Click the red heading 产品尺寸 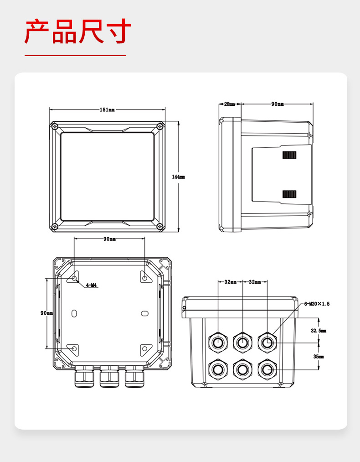(x=78, y=32)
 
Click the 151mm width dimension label (x=107, y=110)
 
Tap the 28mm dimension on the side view (x=229, y=104)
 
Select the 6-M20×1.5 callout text (x=317, y=304)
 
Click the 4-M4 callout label (x=92, y=286)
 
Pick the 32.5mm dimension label (x=318, y=331)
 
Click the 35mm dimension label (x=318, y=357)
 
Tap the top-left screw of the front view (x=55, y=126)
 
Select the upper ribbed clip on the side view (x=289, y=155)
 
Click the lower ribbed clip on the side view (x=289, y=194)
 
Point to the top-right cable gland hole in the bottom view (x=267, y=341)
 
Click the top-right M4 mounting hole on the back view (x=144, y=278)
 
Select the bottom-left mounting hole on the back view (x=74, y=348)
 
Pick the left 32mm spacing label (x=230, y=282)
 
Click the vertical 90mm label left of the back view (x=46, y=313)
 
